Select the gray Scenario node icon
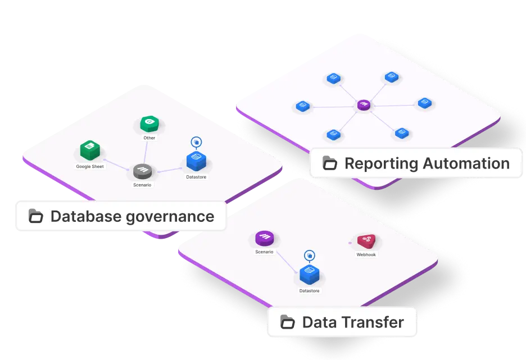click(x=142, y=171)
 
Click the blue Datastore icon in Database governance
click(x=196, y=161)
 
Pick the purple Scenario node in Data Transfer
click(x=264, y=238)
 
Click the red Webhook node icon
click(x=366, y=241)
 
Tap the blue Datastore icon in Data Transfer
click(x=309, y=275)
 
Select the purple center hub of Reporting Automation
click(x=364, y=105)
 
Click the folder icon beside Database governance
click(x=36, y=216)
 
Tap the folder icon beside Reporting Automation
click(x=330, y=163)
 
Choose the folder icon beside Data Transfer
click(x=288, y=322)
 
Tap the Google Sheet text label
click(x=90, y=166)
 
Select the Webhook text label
click(x=366, y=254)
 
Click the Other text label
click(x=149, y=138)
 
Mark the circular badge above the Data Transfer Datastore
click(x=309, y=256)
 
